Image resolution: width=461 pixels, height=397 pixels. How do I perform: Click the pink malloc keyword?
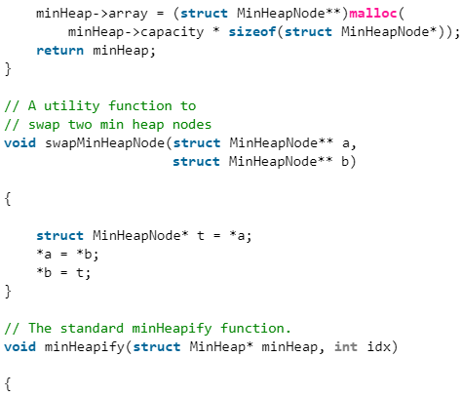[373, 14]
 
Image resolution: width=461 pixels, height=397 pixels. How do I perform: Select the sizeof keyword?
[252, 32]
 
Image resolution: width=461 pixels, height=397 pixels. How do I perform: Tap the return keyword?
[60, 51]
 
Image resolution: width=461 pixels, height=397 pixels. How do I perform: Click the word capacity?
[173, 32]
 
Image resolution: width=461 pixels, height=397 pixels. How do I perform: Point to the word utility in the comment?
[72, 106]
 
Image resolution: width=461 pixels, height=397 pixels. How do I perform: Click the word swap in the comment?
[44, 125]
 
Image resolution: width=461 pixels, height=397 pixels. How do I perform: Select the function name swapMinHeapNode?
[104, 143]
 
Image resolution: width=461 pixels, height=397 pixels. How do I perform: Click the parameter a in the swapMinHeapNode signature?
[346, 144]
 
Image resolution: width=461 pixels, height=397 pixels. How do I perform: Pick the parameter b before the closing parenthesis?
[345, 162]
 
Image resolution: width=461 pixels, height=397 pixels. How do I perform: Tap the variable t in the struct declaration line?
[201, 235]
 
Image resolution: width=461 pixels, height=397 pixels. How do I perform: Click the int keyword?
[346, 347]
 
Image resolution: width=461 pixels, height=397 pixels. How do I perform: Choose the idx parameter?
[379, 347]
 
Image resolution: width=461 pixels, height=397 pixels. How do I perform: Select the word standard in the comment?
[92, 329]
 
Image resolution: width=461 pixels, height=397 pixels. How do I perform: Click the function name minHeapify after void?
[85, 347]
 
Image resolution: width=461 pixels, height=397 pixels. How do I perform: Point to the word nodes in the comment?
[192, 125]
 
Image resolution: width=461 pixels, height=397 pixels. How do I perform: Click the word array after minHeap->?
[128, 15]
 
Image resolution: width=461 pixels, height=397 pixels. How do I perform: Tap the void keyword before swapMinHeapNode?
[20, 143]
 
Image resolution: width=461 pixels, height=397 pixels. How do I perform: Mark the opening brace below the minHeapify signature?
[8, 384]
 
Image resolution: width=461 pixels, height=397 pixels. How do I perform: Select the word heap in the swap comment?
[148, 125]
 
